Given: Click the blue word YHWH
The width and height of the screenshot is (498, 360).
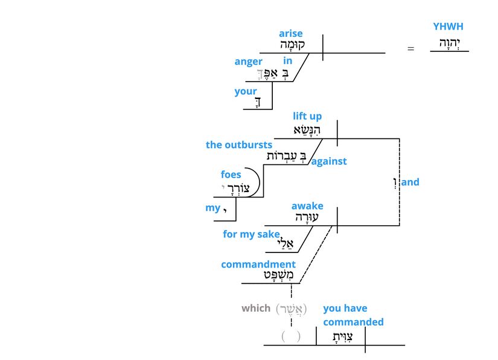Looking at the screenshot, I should pos(449,27).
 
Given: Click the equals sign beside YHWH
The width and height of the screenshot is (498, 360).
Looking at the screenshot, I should pos(411,48).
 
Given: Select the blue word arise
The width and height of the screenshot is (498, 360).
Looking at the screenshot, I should pos(291,33).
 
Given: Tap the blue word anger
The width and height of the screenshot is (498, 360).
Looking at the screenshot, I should pos(248,62).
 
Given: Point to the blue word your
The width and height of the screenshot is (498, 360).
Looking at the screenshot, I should pos(246,92).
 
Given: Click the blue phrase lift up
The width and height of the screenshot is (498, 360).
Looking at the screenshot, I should pos(307,116).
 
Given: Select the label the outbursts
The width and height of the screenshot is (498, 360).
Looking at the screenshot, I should pos(239,145).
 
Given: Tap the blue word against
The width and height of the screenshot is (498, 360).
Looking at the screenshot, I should pos(329,161).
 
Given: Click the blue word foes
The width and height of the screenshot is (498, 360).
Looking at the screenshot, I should pos(231,175).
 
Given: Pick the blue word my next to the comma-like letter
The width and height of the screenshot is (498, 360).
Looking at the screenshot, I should pos(212,208).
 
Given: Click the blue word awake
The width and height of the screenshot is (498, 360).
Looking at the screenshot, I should pos(307,206).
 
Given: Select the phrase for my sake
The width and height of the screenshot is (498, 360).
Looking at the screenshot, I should pos(251,234).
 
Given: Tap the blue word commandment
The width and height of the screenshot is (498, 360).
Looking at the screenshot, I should pos(258,265).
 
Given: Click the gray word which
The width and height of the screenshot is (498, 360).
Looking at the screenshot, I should pos(256,308).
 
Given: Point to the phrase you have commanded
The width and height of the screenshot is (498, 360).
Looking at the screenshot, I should pos(353,315).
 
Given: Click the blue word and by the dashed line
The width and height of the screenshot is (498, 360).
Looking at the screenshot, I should pos(410,182).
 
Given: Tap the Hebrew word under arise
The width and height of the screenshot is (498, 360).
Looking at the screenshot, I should pos(292,45).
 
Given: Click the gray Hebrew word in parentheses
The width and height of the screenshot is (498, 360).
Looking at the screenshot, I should pos(292,309).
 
